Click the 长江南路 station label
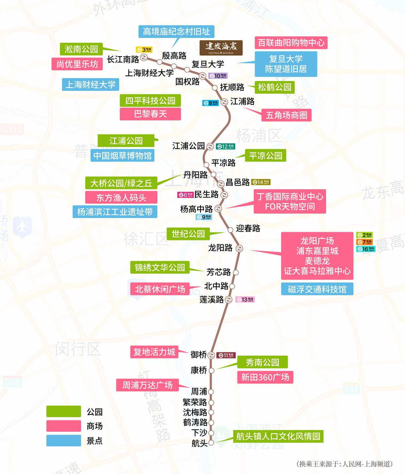click(x=123, y=59)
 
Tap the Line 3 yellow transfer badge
click(x=144, y=50)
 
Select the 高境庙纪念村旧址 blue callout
click(x=176, y=32)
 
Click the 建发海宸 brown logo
click(x=221, y=48)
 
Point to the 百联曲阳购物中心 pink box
click(x=291, y=43)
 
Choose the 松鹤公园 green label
click(x=275, y=87)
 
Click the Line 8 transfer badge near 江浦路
click(x=210, y=103)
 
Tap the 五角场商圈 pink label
click(x=286, y=115)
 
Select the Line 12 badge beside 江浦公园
click(x=225, y=147)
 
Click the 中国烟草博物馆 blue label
click(x=122, y=155)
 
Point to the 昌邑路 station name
click(x=238, y=182)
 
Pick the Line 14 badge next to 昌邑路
click(x=261, y=182)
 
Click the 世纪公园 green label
click(x=188, y=234)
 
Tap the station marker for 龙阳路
click(x=239, y=248)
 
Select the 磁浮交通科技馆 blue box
click(x=317, y=289)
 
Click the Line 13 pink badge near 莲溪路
click(x=245, y=300)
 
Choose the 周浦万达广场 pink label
click(x=147, y=385)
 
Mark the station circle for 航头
click(x=211, y=443)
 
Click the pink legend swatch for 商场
click(x=63, y=426)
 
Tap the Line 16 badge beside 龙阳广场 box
click(x=365, y=249)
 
